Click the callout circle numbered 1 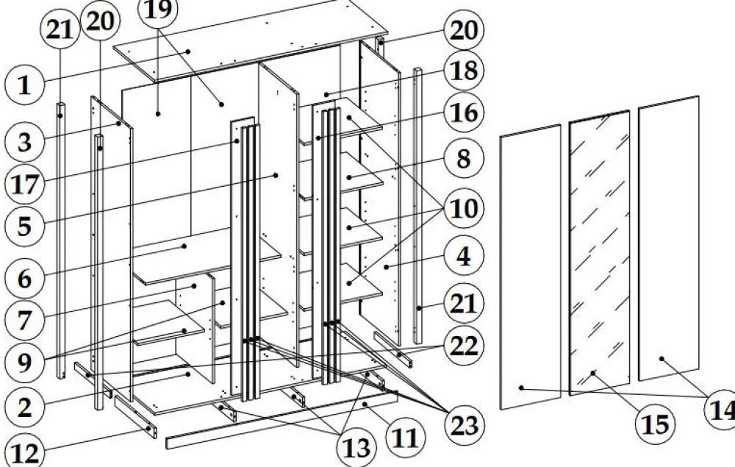tap(24, 85)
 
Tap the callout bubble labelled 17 tap(24, 183)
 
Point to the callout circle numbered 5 tap(24, 225)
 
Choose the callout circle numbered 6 tap(24, 279)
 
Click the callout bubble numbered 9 tap(24, 361)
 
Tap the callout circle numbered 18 tap(464, 71)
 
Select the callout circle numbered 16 tap(464, 114)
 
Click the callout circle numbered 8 tap(464, 158)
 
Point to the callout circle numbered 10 tap(464, 209)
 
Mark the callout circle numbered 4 tap(464, 257)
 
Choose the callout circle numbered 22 tap(464, 346)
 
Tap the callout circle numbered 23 tap(464, 424)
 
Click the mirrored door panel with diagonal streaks tap(599, 250)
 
